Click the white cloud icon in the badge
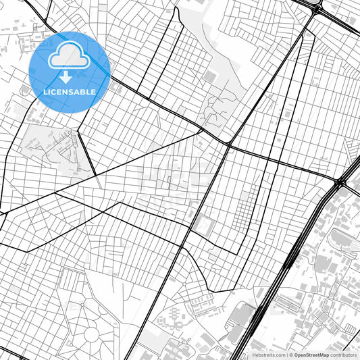[70, 55]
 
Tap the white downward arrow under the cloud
[70, 77]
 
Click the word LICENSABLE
[70, 92]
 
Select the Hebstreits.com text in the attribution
[267, 355]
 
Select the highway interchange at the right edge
[342, 181]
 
